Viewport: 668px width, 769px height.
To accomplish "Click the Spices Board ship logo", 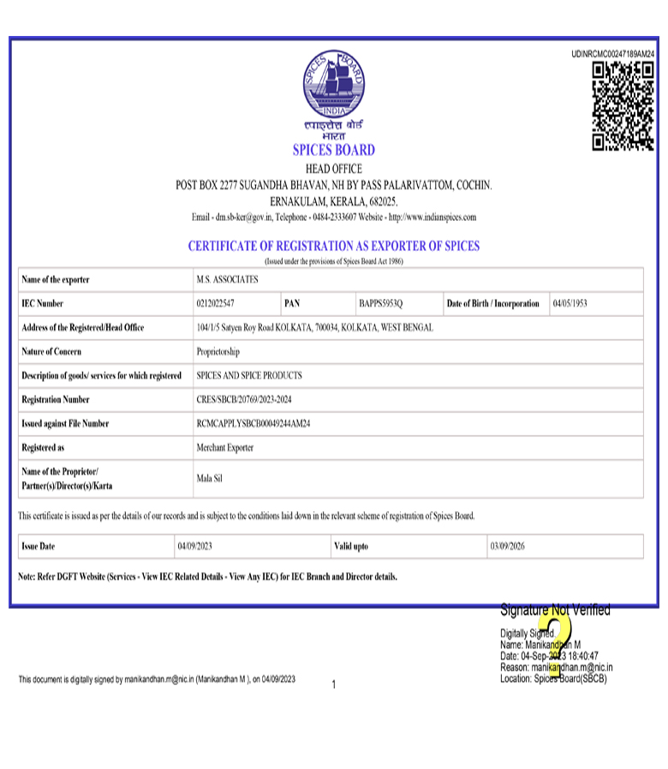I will point(334,84).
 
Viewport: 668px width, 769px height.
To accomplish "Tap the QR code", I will point(623,106).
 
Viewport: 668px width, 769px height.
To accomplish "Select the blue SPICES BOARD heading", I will point(334,150).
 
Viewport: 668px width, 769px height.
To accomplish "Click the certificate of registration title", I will point(334,246).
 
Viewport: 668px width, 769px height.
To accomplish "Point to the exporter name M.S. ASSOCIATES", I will point(227,280).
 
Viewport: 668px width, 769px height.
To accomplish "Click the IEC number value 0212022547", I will point(216,304).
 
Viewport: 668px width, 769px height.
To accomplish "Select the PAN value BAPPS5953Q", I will point(381,304).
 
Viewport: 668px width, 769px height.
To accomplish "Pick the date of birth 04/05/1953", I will point(570,304).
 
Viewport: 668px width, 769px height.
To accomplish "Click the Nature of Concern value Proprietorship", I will point(218,352).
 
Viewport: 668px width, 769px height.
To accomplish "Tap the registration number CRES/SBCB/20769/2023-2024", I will point(250,400).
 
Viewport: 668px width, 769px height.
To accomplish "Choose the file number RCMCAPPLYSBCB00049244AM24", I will point(253,424).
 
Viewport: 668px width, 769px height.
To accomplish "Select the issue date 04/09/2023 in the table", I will point(195,546).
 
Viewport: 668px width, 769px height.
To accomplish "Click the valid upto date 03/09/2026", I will point(507,546).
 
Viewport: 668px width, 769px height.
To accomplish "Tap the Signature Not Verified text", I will point(555,611).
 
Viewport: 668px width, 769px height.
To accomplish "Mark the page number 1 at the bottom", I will point(334,684).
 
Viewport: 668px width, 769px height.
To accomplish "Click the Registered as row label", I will point(44,448).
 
